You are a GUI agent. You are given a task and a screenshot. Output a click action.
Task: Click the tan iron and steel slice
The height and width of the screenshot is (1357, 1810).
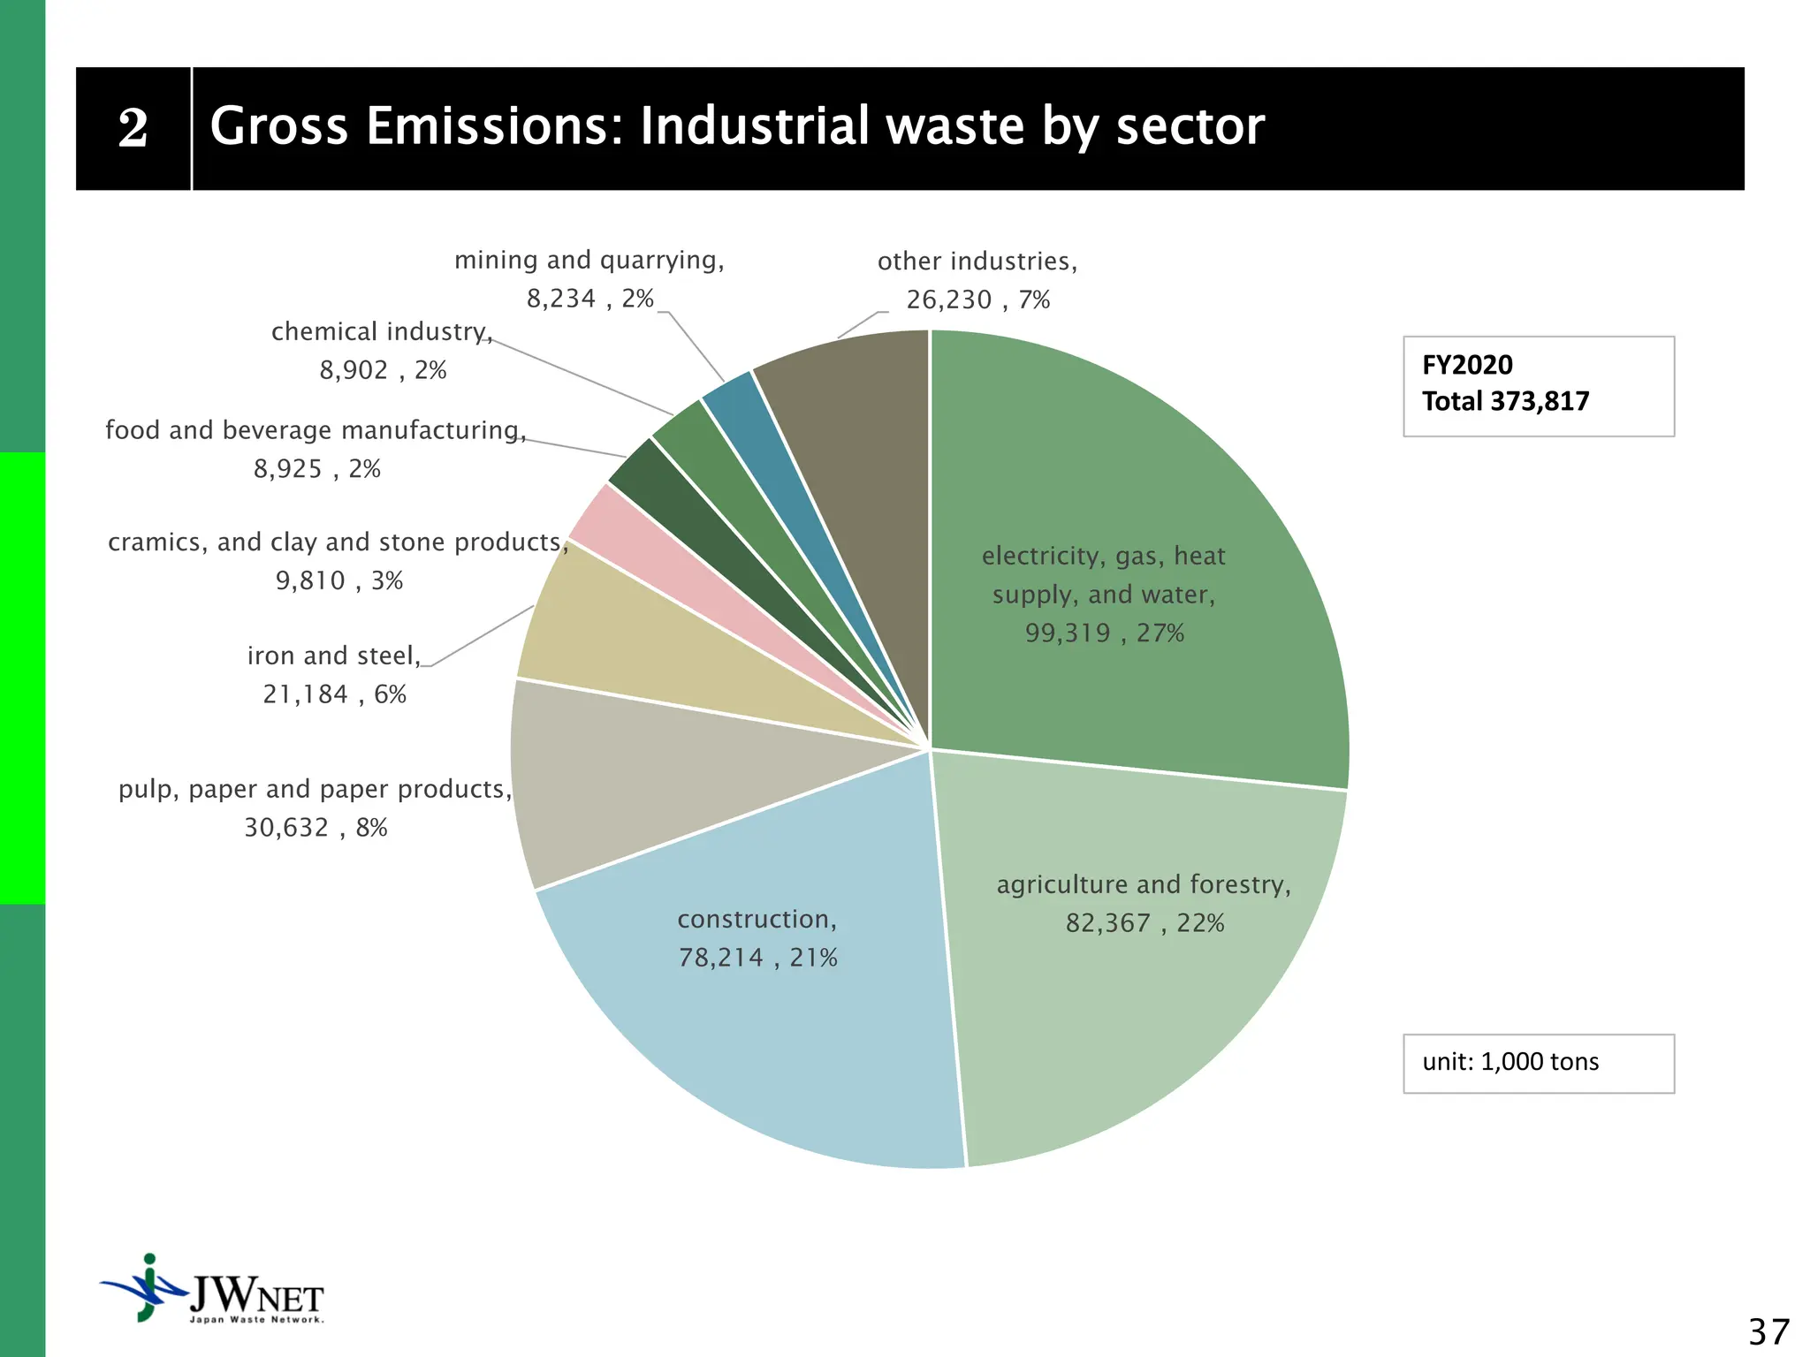coord(619,645)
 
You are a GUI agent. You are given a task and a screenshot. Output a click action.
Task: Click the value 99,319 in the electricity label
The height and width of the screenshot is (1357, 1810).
coord(1068,633)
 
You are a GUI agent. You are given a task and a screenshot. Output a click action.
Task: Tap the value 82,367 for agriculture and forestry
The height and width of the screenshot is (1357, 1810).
coord(1108,923)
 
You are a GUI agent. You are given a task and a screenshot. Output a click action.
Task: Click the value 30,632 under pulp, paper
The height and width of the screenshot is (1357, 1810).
coord(286,828)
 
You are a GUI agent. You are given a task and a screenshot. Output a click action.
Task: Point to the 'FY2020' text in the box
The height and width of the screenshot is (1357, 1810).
coord(1467,365)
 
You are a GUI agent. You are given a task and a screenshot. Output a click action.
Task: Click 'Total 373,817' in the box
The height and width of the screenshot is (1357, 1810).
coord(1505,402)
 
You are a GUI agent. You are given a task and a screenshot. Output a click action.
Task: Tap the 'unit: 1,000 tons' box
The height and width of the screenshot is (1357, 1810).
coord(1538,1063)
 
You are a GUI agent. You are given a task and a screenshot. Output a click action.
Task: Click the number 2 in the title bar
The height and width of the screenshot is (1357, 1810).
coord(133,129)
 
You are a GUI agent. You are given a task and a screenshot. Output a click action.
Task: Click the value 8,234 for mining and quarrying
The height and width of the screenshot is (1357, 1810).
coord(561,299)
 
